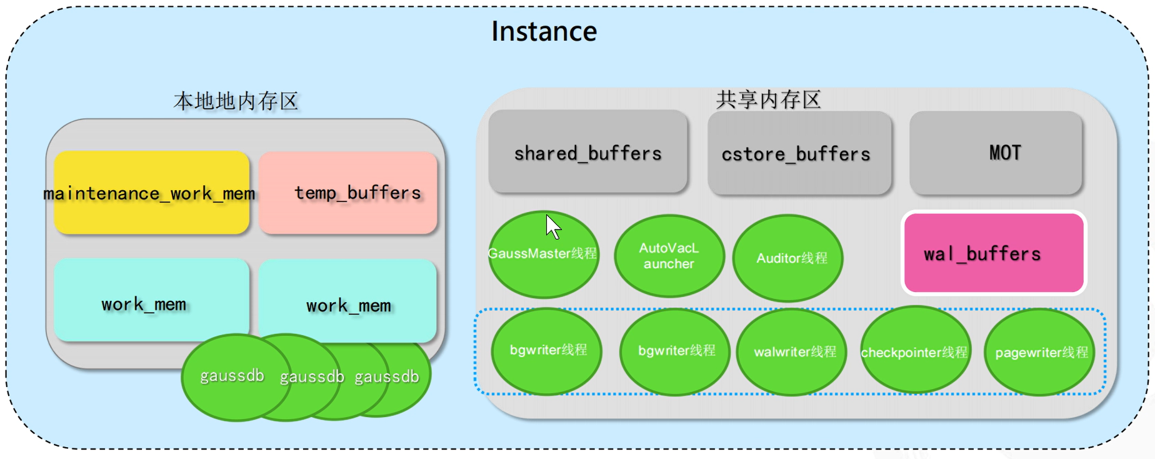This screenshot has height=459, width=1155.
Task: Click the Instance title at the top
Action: pyautogui.click(x=544, y=31)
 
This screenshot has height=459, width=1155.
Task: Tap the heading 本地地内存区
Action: pyautogui.click(x=236, y=101)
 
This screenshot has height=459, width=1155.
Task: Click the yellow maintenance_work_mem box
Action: pyautogui.click(x=151, y=193)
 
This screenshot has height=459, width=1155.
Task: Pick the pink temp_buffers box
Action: pyautogui.click(x=348, y=193)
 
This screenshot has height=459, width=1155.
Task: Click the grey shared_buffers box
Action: pyautogui.click(x=587, y=153)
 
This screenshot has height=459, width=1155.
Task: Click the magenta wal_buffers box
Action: pyautogui.click(x=993, y=253)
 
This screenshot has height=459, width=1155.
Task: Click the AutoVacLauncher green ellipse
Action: pyautogui.click(x=669, y=256)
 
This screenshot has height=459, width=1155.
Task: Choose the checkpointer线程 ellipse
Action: pyautogui.click(x=914, y=351)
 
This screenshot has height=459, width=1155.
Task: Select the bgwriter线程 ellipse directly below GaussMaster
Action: pyautogui.click(x=547, y=351)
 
